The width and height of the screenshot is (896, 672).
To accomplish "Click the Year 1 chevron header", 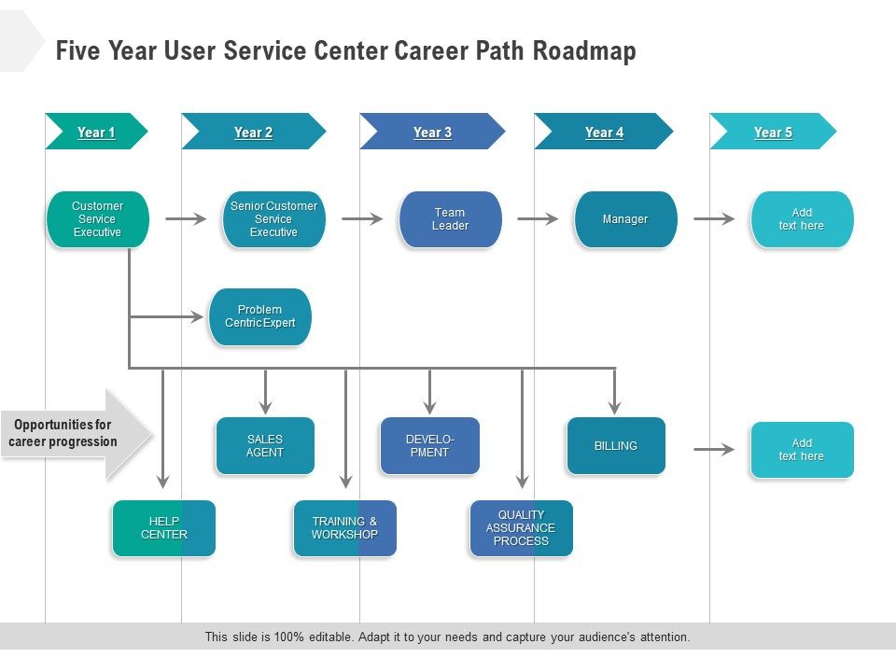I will pos(96,132).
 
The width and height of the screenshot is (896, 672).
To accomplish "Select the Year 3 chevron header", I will pos(432,132).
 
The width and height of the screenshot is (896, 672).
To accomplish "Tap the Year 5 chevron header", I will pos(773,132).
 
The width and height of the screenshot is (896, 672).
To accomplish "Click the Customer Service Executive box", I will pos(97,219).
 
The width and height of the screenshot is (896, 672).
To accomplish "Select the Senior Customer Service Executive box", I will pos(273,219).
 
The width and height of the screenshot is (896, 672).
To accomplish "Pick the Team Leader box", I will pos(450,219).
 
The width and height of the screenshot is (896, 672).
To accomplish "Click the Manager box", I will pos(625,219).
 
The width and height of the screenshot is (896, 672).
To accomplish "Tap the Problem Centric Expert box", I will pos(259,316).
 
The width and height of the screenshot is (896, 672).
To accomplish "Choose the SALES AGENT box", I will pos(265,445).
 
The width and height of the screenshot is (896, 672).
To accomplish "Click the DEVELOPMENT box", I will pos(429,445).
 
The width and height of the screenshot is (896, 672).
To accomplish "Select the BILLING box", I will pos(616,445).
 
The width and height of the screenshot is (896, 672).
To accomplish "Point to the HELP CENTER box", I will pos(163,528).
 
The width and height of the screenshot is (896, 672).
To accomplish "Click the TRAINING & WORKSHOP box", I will pos(344,528).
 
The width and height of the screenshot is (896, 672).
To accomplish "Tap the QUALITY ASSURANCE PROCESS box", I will pos(521,528).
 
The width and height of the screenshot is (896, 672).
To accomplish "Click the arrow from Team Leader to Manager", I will pos(538,219).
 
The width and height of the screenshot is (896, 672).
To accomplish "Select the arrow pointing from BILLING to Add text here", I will pos(714,449).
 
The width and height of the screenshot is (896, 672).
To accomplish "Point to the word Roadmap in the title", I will pos(584,50).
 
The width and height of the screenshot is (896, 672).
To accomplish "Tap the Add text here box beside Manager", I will pos(802,219).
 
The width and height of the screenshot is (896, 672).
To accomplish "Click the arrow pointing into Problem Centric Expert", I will pos(173,317).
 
